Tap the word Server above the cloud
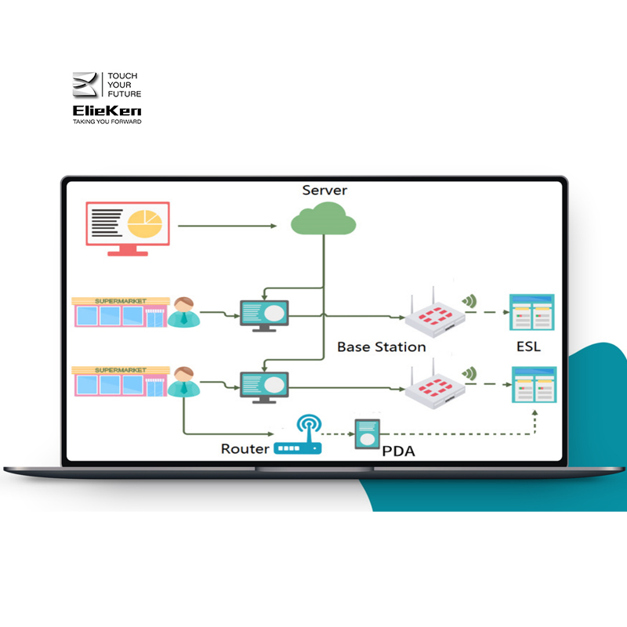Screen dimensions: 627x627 click(324, 190)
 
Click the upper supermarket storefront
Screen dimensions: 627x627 click(119, 311)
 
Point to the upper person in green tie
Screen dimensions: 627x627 click(183, 312)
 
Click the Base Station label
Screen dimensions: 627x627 click(381, 346)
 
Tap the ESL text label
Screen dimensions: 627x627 click(528, 346)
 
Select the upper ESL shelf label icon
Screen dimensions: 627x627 click(532, 311)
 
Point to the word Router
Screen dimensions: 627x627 click(245, 449)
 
